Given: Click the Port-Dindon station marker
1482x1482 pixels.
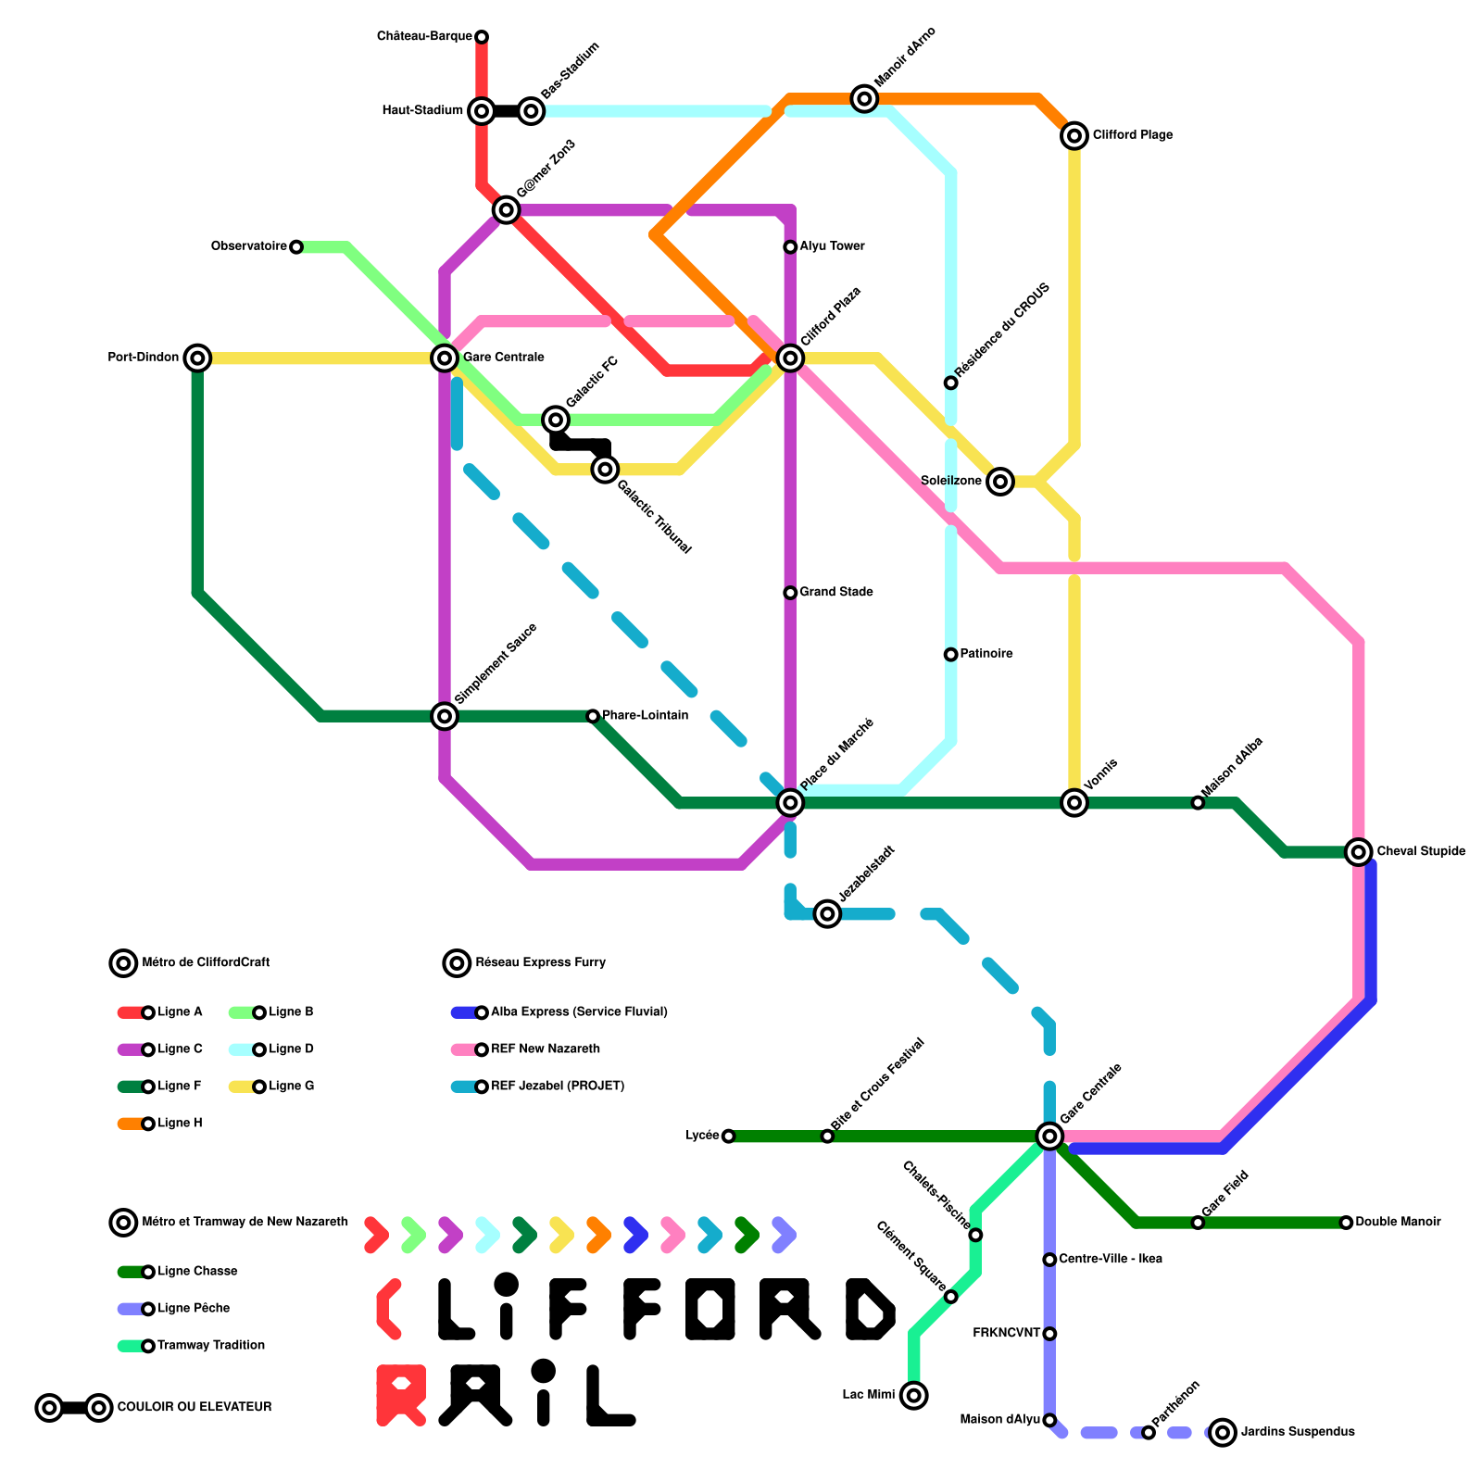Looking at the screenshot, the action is (x=197, y=358).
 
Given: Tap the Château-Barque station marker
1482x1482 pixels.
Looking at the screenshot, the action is (x=482, y=37).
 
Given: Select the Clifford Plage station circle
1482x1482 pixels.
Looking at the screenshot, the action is (x=1074, y=136).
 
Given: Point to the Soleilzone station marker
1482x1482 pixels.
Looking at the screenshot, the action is (x=999, y=482).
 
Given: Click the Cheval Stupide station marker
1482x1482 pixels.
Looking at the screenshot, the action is (x=1359, y=852).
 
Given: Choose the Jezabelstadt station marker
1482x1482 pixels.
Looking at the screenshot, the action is (x=827, y=914).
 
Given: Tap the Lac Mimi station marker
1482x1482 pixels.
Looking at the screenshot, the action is (x=914, y=1395).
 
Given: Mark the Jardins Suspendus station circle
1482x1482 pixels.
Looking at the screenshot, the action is (x=1223, y=1432).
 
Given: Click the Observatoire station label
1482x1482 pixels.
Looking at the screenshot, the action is (x=248, y=246).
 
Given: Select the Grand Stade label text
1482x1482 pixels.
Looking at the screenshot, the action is (x=836, y=592).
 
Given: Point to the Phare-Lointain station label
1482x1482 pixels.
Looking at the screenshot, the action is (x=645, y=715).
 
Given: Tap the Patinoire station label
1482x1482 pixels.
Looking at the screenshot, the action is (x=986, y=654).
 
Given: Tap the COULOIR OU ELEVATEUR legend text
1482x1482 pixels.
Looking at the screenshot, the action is (x=195, y=1407).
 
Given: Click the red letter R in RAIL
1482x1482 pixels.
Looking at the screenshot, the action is (x=401, y=1395).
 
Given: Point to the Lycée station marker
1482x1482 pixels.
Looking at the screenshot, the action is (x=728, y=1137).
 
